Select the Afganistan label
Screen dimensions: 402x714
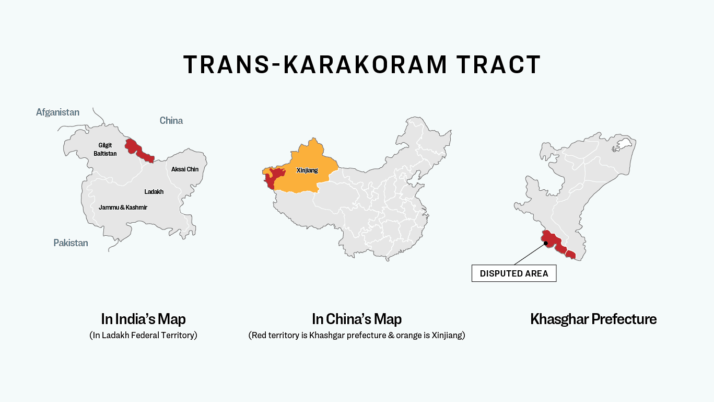[x=57, y=112]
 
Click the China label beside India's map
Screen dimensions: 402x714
[x=171, y=121]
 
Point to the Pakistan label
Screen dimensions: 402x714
[x=71, y=243]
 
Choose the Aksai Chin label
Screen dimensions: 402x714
[x=185, y=169]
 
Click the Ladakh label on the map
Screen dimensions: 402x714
[x=154, y=192]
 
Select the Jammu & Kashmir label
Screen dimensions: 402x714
[x=123, y=208]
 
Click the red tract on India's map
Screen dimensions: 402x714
[x=138, y=151]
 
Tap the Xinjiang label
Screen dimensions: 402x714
[x=307, y=170]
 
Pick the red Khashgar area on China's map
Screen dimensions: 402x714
[x=272, y=178]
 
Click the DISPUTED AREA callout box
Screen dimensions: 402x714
[x=514, y=273]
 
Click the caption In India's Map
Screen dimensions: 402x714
[x=143, y=319]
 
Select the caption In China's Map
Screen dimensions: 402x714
[x=357, y=319]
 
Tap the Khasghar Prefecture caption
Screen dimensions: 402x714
[x=593, y=319]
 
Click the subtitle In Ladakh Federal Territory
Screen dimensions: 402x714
[x=143, y=336]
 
